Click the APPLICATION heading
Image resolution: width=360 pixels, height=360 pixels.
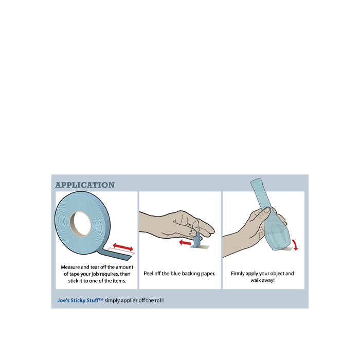[x=85, y=185]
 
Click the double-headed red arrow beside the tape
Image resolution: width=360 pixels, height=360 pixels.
[x=123, y=247]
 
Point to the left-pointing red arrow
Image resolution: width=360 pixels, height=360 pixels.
[x=185, y=242]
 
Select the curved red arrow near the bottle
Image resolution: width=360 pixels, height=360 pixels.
[x=295, y=245]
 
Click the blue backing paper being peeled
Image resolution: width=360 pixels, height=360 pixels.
[x=196, y=240]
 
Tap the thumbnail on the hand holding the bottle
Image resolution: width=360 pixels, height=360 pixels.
[x=267, y=210]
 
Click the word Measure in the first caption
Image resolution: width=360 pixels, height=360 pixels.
[x=70, y=267]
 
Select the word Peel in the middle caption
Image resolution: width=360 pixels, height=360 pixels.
[x=148, y=274]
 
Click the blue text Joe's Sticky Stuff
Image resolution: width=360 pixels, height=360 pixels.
[x=80, y=300]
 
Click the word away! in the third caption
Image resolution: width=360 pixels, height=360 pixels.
[x=268, y=280]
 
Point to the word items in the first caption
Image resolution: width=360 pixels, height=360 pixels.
[x=119, y=281]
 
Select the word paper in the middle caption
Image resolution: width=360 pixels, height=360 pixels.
[x=208, y=274]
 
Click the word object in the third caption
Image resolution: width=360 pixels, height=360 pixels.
[x=277, y=274]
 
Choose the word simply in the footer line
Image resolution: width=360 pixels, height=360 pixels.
[x=112, y=300]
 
